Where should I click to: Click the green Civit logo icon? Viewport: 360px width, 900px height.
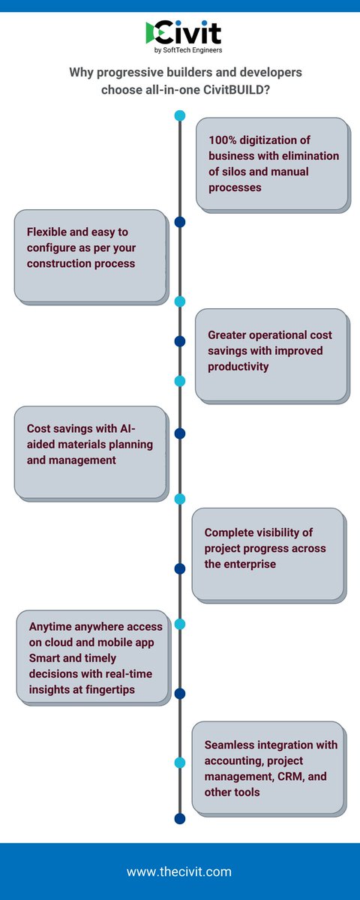[154, 32]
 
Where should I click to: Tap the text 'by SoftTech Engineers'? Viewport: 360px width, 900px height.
[187, 50]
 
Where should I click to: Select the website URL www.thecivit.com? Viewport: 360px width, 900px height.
[179, 872]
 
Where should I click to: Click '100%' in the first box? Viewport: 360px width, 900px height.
[224, 141]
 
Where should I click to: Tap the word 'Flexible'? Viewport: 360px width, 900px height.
[49, 232]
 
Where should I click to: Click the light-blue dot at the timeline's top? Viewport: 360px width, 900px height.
[180, 115]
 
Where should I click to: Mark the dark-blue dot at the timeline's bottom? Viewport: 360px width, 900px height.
[180, 818]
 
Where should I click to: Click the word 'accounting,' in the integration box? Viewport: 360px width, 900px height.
[236, 760]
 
